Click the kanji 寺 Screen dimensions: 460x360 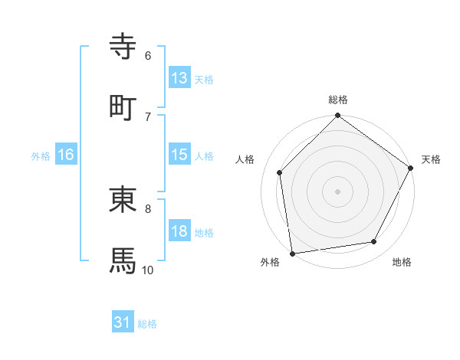(123, 47)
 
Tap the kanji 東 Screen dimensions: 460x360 (123, 200)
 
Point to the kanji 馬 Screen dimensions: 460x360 (123, 260)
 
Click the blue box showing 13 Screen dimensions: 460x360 (179, 77)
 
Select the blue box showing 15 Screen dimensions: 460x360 (179, 155)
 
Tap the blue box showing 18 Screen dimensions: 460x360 (179, 231)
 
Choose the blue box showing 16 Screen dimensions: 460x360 (66, 155)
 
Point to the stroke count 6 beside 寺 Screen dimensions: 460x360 (148, 55)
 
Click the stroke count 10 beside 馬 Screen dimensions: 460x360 (147, 270)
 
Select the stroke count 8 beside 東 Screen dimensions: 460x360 (148, 208)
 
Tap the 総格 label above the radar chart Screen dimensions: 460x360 (338, 100)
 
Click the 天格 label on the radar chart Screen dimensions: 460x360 (431, 159)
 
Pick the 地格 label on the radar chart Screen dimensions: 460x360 (402, 263)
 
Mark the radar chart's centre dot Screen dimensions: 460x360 (338, 191)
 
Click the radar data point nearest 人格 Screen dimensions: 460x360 (280, 172)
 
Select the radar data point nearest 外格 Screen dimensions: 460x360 (292, 253)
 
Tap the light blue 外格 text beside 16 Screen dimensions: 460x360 (41, 155)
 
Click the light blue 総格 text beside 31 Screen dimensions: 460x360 (147, 324)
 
